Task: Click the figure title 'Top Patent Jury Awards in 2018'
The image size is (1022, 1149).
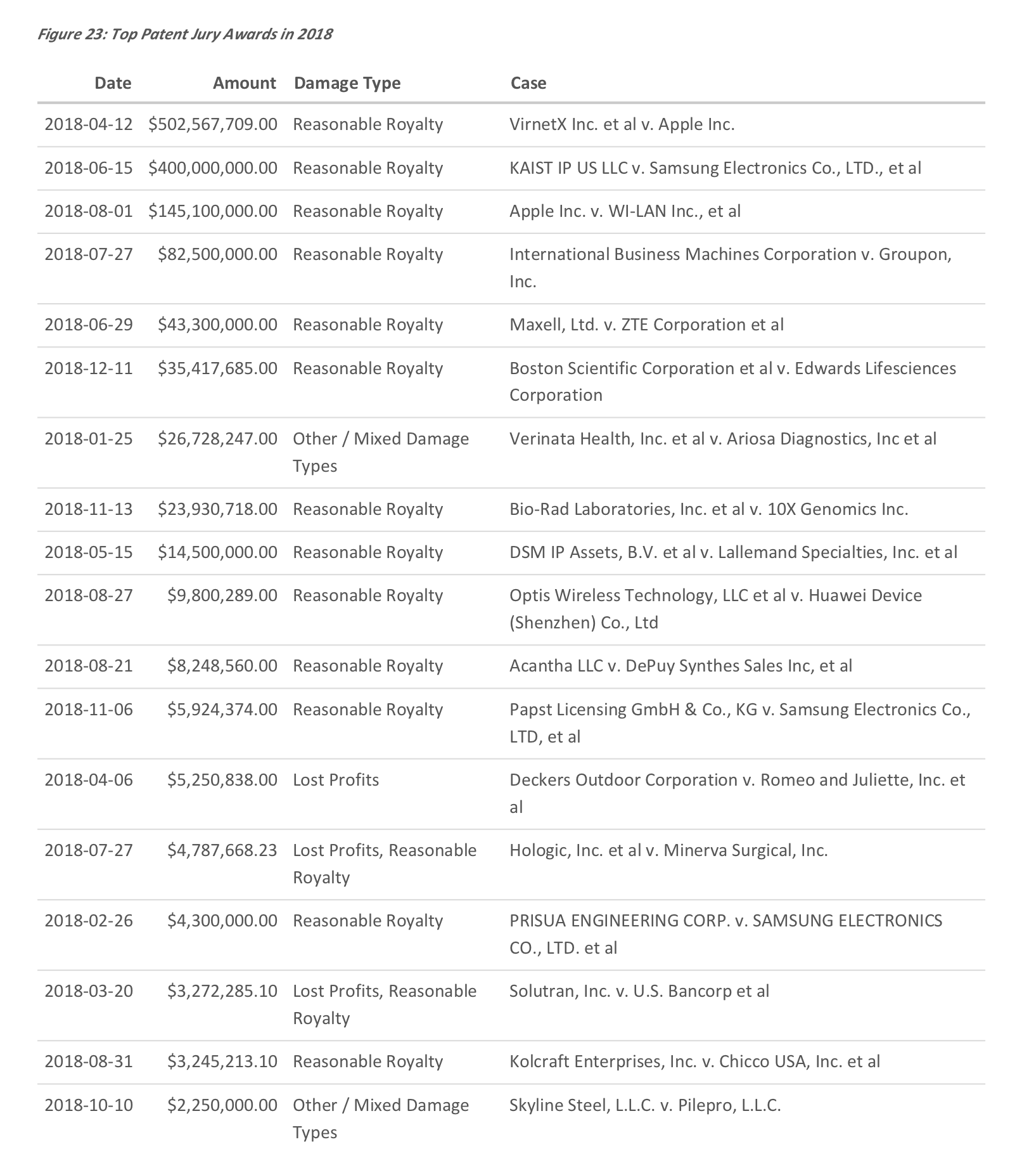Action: [x=184, y=34]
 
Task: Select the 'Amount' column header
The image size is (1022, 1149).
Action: [x=244, y=83]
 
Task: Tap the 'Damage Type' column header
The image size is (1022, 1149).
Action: [x=347, y=83]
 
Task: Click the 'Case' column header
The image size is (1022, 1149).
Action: [x=528, y=83]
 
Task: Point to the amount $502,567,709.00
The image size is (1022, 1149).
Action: [x=213, y=124]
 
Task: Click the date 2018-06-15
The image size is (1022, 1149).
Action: [x=89, y=168]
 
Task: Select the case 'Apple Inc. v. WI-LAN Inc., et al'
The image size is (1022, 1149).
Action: [x=625, y=211]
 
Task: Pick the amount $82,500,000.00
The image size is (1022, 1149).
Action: [x=217, y=254]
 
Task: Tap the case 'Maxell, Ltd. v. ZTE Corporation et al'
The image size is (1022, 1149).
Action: [x=646, y=325]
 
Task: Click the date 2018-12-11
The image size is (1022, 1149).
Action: [x=89, y=368]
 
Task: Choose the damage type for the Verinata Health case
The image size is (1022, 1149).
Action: [x=380, y=452]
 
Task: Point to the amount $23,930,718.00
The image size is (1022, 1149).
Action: [x=217, y=509]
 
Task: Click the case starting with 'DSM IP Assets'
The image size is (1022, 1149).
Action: [x=733, y=552]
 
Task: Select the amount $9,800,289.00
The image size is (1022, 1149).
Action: [x=222, y=595]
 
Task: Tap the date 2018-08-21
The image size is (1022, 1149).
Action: [x=89, y=666]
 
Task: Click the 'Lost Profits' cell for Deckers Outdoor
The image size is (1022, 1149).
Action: [x=336, y=780]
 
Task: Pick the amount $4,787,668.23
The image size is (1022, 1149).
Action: [x=222, y=850]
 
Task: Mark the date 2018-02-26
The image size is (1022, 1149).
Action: [x=89, y=921]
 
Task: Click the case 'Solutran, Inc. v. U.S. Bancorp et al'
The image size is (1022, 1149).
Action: [x=639, y=991]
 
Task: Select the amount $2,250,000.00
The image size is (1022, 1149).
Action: [x=222, y=1106]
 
